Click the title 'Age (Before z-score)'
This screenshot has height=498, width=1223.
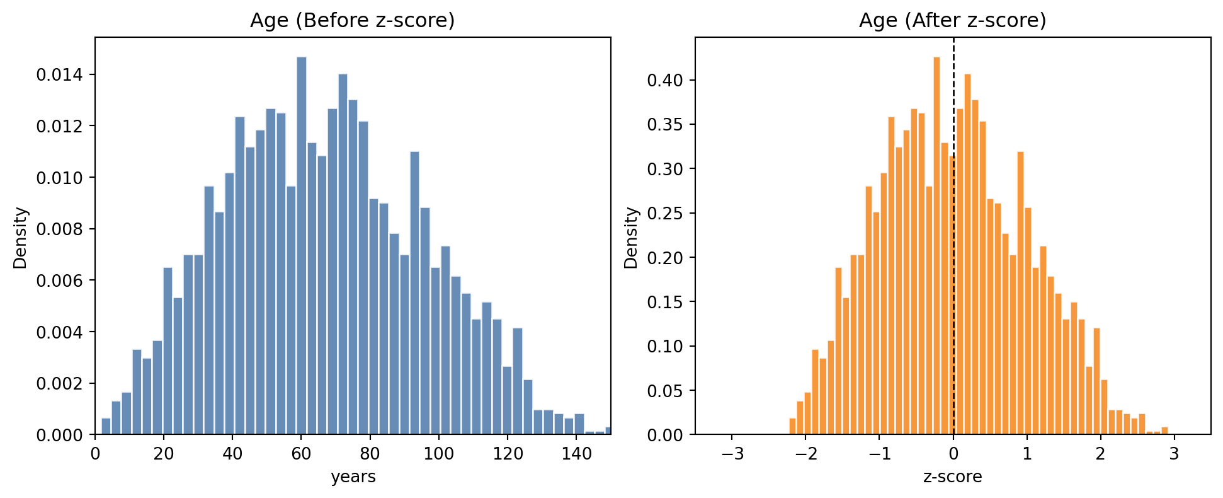coord(352,21)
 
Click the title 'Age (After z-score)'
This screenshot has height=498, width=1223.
coord(952,21)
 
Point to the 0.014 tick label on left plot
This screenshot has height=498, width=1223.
coord(59,75)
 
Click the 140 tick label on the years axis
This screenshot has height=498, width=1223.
coord(576,454)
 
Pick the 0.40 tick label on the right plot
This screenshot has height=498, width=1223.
coord(663,80)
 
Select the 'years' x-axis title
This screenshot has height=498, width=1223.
coord(353,477)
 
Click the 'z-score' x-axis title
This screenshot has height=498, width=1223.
coord(952,477)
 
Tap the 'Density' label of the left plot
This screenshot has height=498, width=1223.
coord(21,238)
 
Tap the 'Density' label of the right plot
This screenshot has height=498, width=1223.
coord(632,238)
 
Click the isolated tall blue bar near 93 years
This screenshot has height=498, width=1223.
coord(414,293)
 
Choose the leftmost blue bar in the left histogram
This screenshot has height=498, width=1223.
coord(106,426)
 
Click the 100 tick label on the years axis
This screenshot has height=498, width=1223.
coord(439,454)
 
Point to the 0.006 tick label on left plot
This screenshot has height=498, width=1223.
coord(59,281)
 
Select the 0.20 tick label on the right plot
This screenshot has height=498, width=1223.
coord(663,258)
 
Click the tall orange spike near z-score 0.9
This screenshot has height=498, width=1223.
coord(1020,293)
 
